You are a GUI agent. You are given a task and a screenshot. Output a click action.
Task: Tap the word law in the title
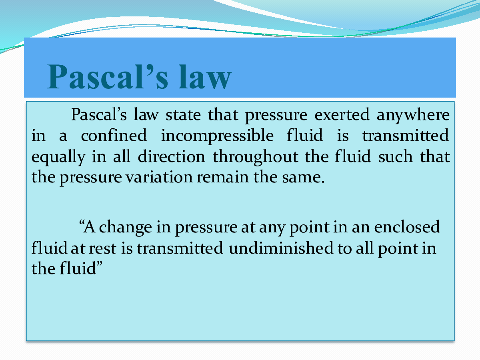tap(205, 76)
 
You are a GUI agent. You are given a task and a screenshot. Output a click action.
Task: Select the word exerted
tap(342, 114)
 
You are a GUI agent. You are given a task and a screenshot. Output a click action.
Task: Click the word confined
tap(114, 135)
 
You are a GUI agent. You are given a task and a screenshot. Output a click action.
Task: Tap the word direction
tap(172, 156)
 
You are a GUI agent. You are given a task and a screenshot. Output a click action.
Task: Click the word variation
tap(159, 177)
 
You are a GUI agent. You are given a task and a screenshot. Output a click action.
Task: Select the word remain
tap(223, 177)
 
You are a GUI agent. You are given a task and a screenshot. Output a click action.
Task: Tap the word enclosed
tap(407, 227)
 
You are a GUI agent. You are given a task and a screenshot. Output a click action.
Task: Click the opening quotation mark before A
tap(82, 223)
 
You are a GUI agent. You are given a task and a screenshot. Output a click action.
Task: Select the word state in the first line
tap(183, 115)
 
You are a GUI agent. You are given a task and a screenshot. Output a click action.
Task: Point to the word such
tap(395, 156)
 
